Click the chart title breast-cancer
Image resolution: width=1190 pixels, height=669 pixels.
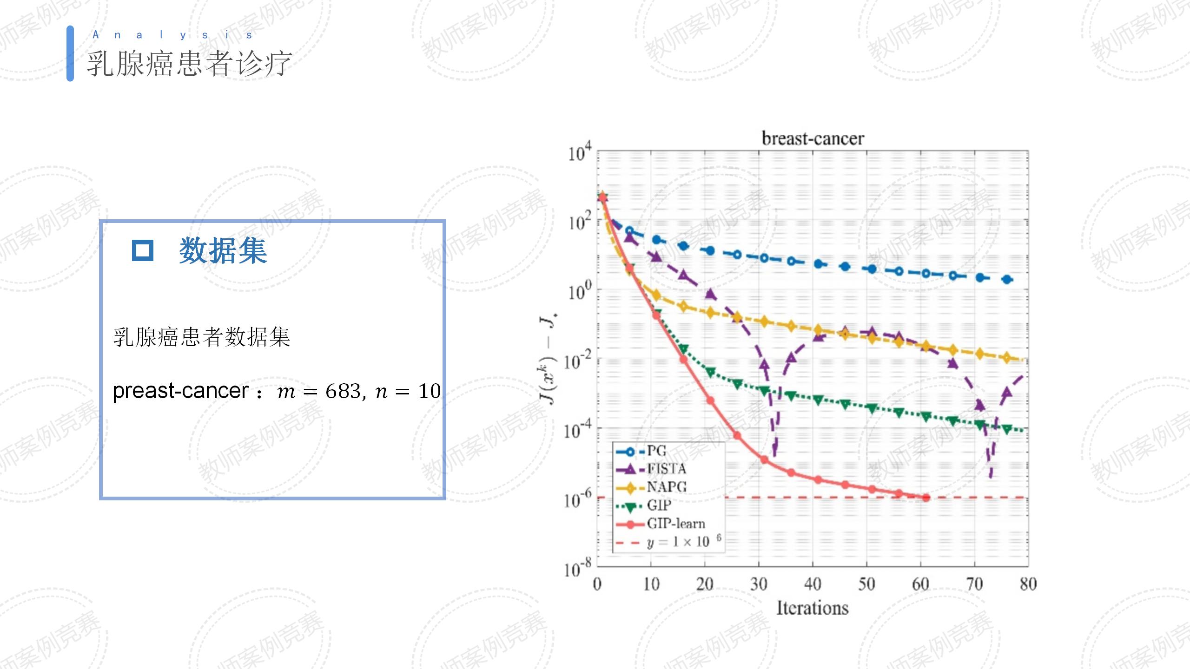tap(813, 138)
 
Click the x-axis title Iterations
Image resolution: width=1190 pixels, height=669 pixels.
tap(812, 608)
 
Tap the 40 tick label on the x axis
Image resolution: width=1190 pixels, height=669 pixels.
tap(812, 584)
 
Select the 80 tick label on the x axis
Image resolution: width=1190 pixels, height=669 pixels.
tap(1028, 584)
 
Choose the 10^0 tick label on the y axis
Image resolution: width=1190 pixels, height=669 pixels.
tap(579, 291)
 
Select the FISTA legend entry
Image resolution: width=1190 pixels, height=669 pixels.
tap(666, 469)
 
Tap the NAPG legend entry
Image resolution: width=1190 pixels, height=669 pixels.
tap(666, 487)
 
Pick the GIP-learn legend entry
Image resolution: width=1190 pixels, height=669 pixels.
tap(675, 524)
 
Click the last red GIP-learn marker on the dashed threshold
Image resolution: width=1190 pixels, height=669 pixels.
tap(926, 498)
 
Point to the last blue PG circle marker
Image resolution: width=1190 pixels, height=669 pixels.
tap(1007, 279)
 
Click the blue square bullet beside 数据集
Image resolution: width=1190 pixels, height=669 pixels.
tap(142, 250)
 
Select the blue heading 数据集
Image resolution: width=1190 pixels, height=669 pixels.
tap(223, 250)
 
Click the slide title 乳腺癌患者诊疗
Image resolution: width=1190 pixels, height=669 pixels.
tap(189, 64)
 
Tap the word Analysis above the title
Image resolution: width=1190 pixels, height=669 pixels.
tap(172, 35)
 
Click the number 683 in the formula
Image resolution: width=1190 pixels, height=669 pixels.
tap(343, 391)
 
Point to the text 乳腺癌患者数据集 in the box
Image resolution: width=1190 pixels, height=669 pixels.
tap(201, 337)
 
